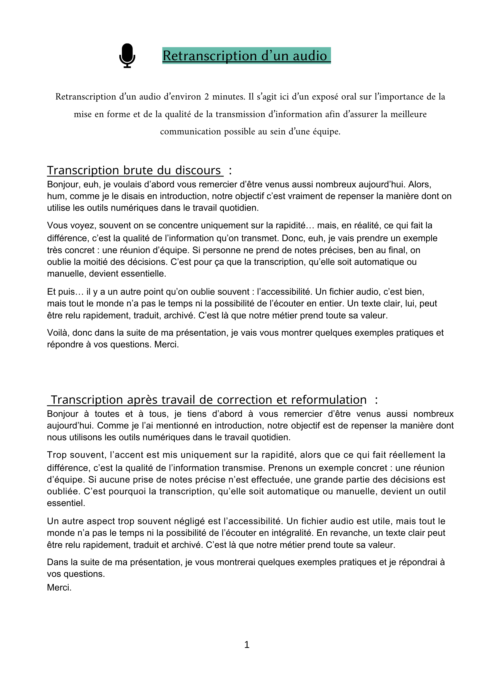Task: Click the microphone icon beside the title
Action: click(x=127, y=55)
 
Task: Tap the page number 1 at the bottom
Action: click(x=247, y=644)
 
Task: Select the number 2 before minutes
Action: click(x=207, y=96)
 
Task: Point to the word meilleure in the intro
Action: click(x=408, y=114)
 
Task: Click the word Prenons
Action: click(x=284, y=468)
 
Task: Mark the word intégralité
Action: click(x=288, y=533)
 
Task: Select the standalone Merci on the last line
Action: click(x=59, y=587)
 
